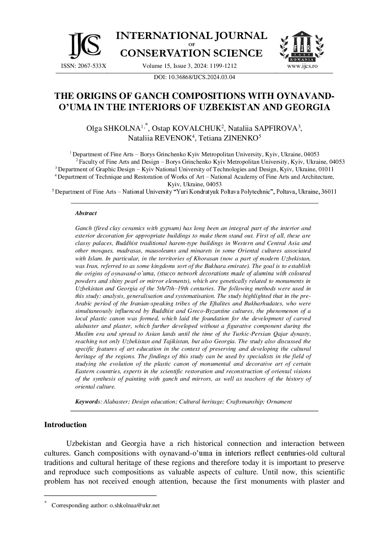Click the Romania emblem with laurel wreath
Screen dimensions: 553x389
[302, 47]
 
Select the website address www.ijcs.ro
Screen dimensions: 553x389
[302, 66]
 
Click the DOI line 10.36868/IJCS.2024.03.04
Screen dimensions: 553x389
[194, 78]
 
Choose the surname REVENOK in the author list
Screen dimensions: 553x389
[172, 138]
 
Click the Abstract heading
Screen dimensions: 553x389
[86, 213]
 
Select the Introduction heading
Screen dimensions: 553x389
[65, 425]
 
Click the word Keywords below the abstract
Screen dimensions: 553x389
[86, 402]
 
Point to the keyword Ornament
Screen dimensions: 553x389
[279, 402]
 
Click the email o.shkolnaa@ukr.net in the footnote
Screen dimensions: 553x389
[134, 505]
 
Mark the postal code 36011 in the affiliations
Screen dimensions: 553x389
[328, 191]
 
